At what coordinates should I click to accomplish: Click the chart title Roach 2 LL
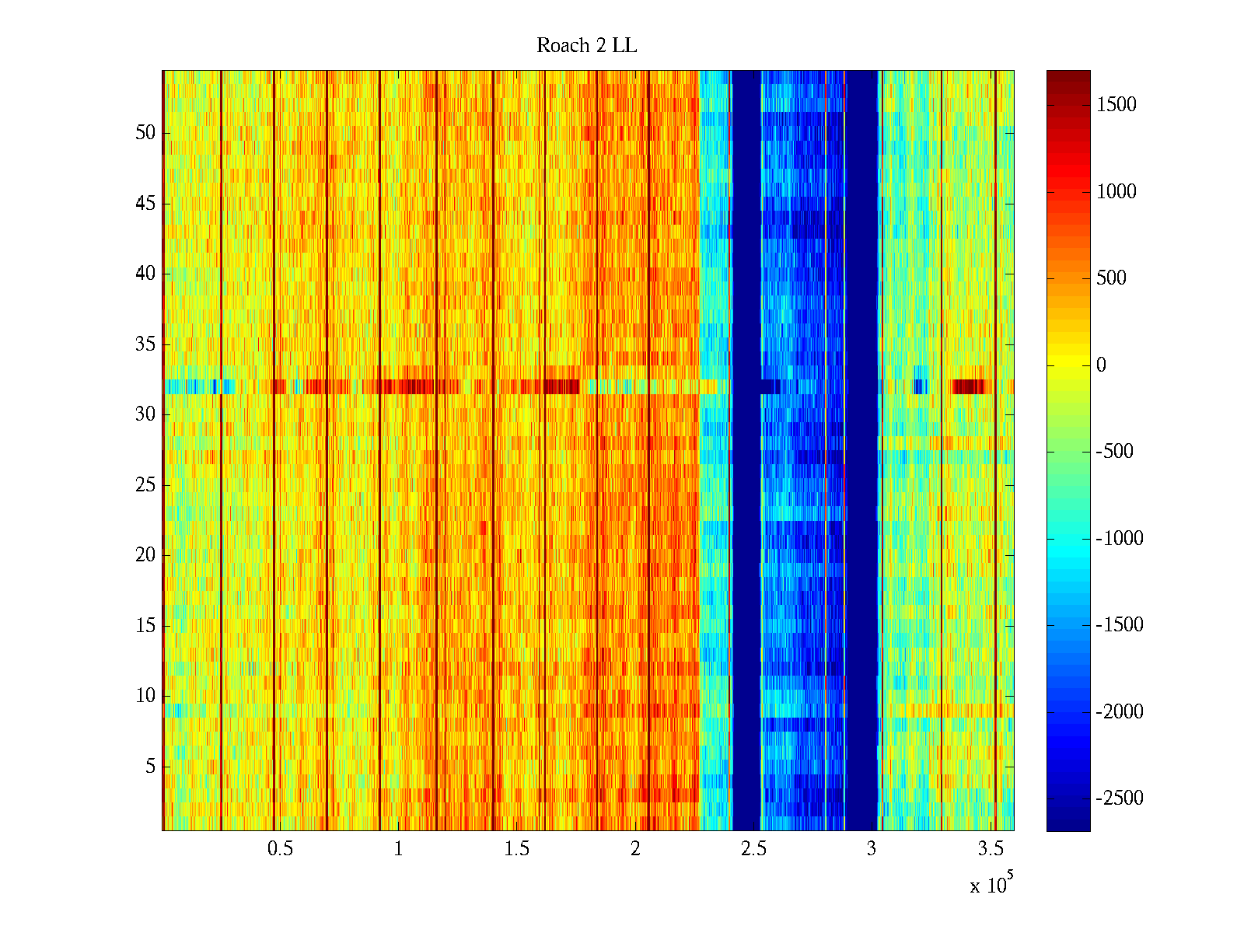point(586,46)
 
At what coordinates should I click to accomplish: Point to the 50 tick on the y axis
point(145,133)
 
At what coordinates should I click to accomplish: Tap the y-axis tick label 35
point(145,344)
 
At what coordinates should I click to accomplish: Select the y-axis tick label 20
point(145,555)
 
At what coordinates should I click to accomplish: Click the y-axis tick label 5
point(150,767)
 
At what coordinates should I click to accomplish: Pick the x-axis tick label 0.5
point(280,849)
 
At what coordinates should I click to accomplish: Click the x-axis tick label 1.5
point(516,849)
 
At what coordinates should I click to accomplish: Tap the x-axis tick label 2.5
point(753,849)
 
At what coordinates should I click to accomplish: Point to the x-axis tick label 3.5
point(990,849)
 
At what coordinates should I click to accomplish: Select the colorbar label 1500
point(1116,105)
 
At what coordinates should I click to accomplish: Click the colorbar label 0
point(1101,365)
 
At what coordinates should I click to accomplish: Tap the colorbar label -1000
point(1120,538)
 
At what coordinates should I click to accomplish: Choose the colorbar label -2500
point(1120,798)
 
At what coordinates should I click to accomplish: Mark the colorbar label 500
point(1112,278)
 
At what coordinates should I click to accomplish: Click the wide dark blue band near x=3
point(861,451)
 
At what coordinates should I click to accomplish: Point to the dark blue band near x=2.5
point(746,451)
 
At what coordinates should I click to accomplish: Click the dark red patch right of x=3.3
point(969,386)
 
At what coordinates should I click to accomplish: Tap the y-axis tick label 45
point(145,204)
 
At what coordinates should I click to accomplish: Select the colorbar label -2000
point(1120,711)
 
